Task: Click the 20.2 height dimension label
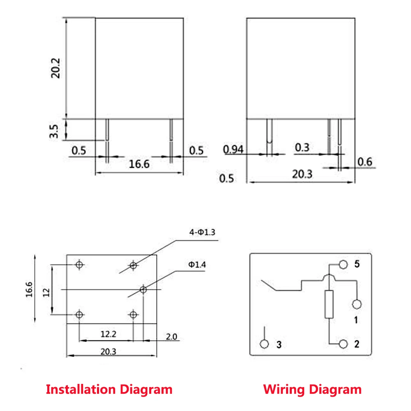(55, 68)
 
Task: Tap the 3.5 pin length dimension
(54, 132)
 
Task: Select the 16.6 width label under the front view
(139, 164)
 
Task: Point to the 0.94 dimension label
(233, 150)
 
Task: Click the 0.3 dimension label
(302, 148)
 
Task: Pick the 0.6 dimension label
(365, 162)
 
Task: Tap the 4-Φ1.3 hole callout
(202, 232)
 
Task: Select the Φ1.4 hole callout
(197, 265)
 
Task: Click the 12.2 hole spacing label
(108, 334)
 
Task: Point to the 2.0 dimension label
(172, 337)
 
